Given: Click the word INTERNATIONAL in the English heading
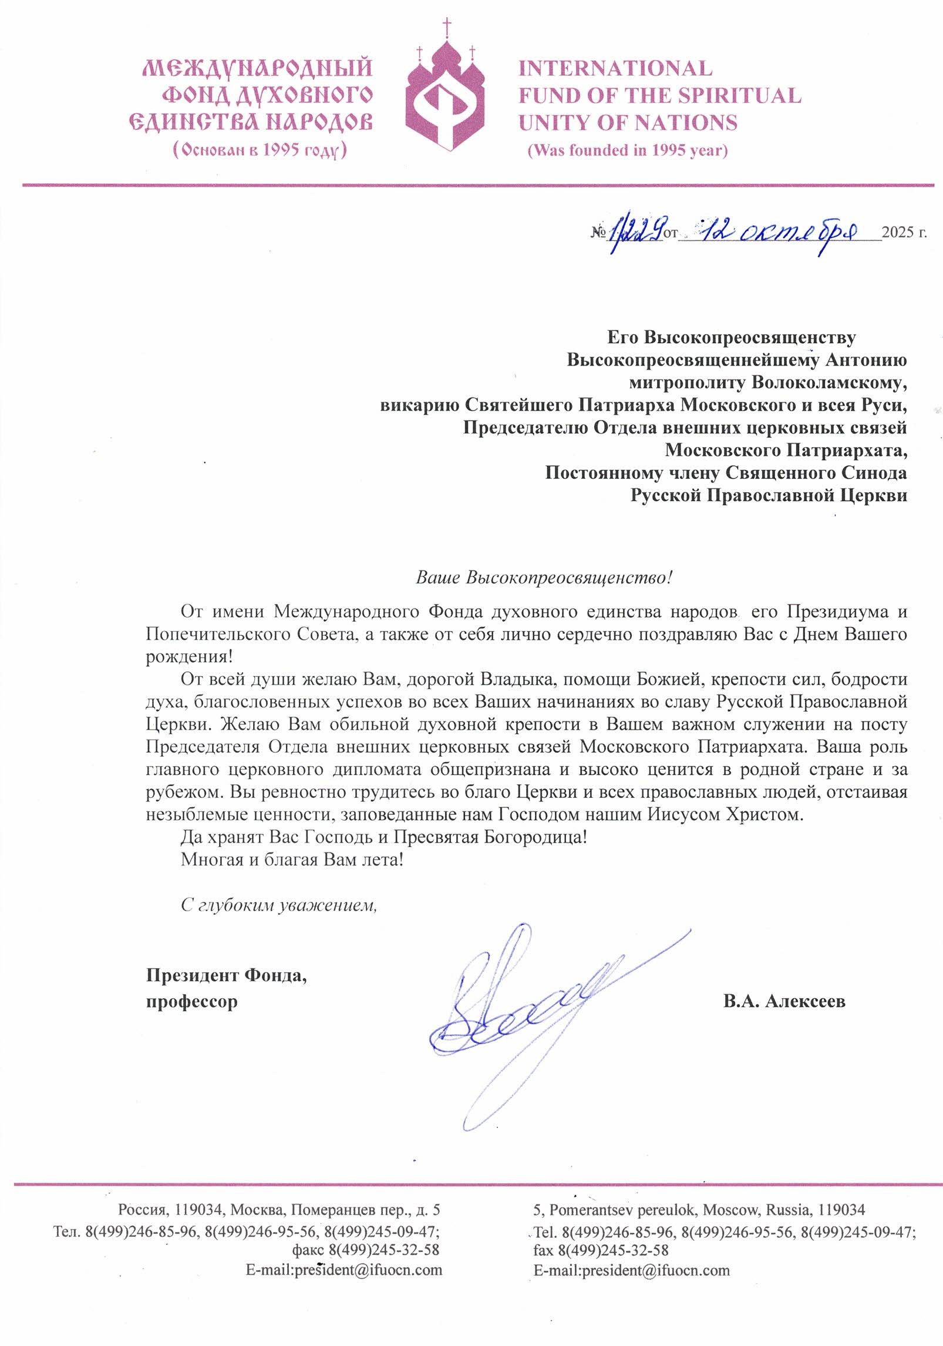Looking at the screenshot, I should point(615,69).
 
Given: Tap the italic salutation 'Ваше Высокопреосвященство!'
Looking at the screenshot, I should point(543,578).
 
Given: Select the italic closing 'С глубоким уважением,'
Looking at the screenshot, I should point(278,905).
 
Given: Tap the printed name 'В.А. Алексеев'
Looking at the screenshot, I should point(784,1001).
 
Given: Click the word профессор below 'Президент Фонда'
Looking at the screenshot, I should point(191,1001).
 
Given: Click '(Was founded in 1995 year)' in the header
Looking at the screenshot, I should point(628,150).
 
